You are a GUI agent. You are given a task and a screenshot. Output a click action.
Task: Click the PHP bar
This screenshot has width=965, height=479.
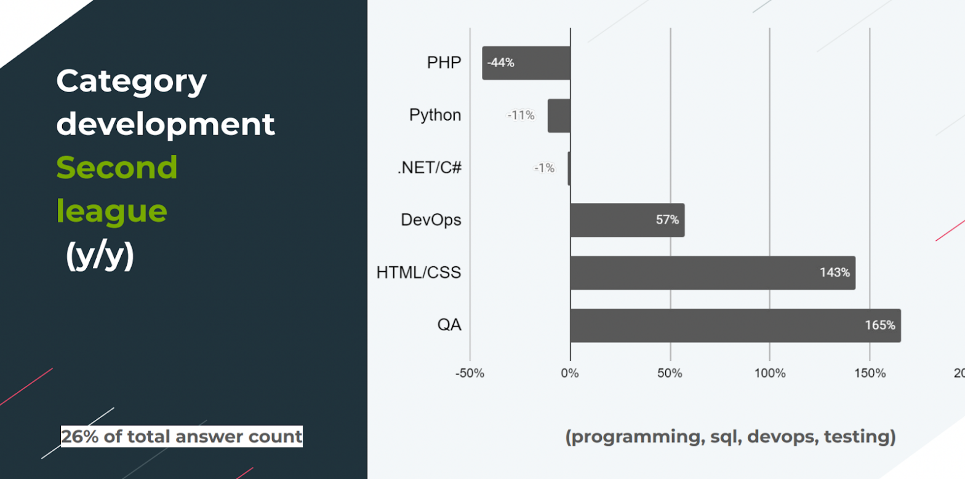[x=526, y=63]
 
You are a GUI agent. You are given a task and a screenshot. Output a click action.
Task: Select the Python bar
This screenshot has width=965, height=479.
[x=559, y=116]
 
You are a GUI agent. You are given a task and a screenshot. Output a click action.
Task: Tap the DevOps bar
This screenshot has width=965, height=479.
[x=627, y=220]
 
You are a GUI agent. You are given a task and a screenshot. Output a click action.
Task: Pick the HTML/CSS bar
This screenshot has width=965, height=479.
[x=713, y=272]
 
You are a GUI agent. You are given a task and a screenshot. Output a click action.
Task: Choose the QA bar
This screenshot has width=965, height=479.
[x=735, y=325]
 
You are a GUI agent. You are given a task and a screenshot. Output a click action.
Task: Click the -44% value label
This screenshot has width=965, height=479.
[x=500, y=63]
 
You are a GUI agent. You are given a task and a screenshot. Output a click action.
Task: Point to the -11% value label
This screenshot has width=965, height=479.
[x=521, y=116]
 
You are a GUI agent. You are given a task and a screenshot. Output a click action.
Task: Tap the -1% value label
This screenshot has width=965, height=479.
[x=544, y=168]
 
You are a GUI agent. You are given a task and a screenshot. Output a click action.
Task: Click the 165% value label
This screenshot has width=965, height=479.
[x=880, y=325]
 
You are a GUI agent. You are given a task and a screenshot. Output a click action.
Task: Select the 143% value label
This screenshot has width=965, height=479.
[x=835, y=272]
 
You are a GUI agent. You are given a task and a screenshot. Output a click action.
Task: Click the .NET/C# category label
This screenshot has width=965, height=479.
[x=429, y=167]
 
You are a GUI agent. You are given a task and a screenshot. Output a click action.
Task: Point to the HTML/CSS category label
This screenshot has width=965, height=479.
[x=418, y=272]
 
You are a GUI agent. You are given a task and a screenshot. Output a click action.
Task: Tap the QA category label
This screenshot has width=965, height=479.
[x=449, y=325]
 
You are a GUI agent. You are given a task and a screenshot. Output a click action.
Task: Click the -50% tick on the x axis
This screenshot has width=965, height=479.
[x=470, y=373]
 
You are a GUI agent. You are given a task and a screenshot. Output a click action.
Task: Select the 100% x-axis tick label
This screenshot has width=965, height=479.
[x=770, y=373]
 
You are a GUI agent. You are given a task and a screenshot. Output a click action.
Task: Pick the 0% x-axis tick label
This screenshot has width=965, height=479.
[x=569, y=373]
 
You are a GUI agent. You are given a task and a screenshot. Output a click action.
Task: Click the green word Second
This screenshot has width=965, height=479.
[x=117, y=167]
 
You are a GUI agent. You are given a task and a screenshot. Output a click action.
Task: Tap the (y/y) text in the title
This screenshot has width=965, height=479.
[x=100, y=256]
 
